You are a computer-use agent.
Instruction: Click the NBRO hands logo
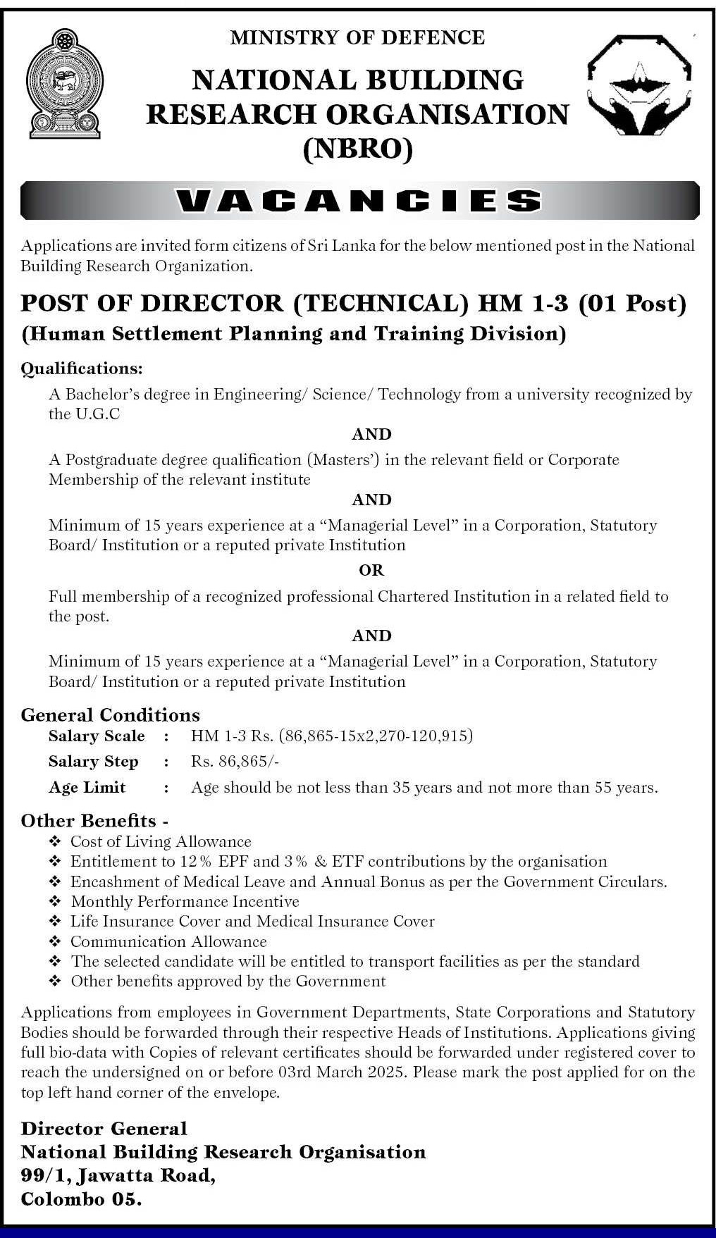tap(640, 85)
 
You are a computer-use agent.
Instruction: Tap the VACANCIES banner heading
tap(359, 202)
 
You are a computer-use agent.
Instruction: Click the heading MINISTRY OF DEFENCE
tap(357, 37)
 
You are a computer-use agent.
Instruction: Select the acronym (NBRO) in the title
tap(357, 149)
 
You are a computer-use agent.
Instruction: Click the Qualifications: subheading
tap(82, 369)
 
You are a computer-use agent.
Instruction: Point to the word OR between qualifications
tap(371, 570)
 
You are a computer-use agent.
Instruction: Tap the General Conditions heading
tap(111, 715)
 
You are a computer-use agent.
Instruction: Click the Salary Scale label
tap(97, 736)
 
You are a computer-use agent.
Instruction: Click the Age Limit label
tap(87, 788)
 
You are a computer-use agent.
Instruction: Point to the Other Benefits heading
tap(89, 821)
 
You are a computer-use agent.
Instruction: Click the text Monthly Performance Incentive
tap(185, 902)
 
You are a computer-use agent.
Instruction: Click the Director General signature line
tap(104, 1129)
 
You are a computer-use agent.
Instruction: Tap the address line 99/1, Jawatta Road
tap(118, 1175)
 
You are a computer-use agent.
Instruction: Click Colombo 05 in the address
tap(81, 1199)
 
